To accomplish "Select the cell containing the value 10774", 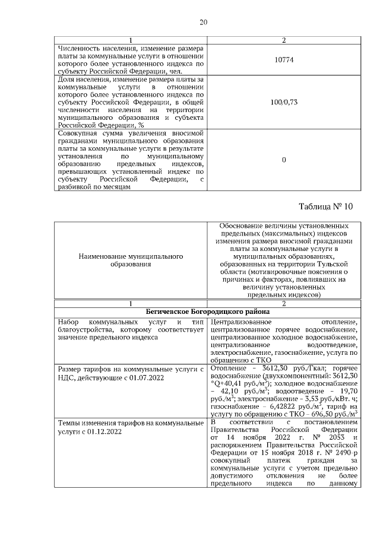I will [x=283, y=60].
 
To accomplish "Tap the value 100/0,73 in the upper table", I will [x=283, y=102].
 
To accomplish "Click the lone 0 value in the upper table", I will [x=283, y=160].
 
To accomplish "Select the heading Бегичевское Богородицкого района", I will [x=208, y=311].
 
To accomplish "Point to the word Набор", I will [x=68, y=322].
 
